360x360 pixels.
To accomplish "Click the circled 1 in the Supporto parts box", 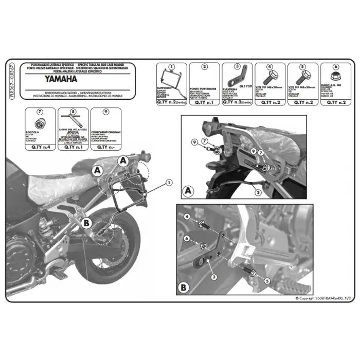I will point(172,67).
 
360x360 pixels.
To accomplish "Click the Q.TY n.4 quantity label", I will point(40,147).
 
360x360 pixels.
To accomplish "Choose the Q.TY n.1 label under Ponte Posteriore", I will point(205,102).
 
